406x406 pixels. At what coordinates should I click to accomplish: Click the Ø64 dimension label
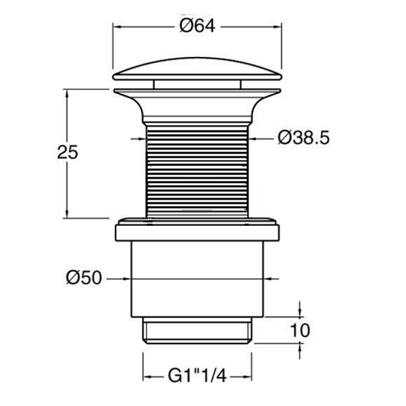pyautogui.click(x=198, y=26)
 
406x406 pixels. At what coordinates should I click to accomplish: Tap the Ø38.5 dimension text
pyautogui.click(x=304, y=137)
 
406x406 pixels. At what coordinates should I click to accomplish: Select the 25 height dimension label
pyautogui.click(x=67, y=152)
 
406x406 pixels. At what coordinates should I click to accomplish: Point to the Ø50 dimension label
pyautogui.click(x=84, y=278)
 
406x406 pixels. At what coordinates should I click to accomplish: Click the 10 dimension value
pyautogui.click(x=300, y=330)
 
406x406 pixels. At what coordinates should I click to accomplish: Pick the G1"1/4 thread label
pyautogui.click(x=198, y=376)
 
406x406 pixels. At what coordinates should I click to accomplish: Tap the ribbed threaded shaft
pyautogui.click(x=197, y=171)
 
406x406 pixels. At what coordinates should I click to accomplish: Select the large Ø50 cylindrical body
pyautogui.click(x=197, y=279)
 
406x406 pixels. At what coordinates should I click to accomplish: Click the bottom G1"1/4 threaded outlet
pyautogui.click(x=197, y=331)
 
